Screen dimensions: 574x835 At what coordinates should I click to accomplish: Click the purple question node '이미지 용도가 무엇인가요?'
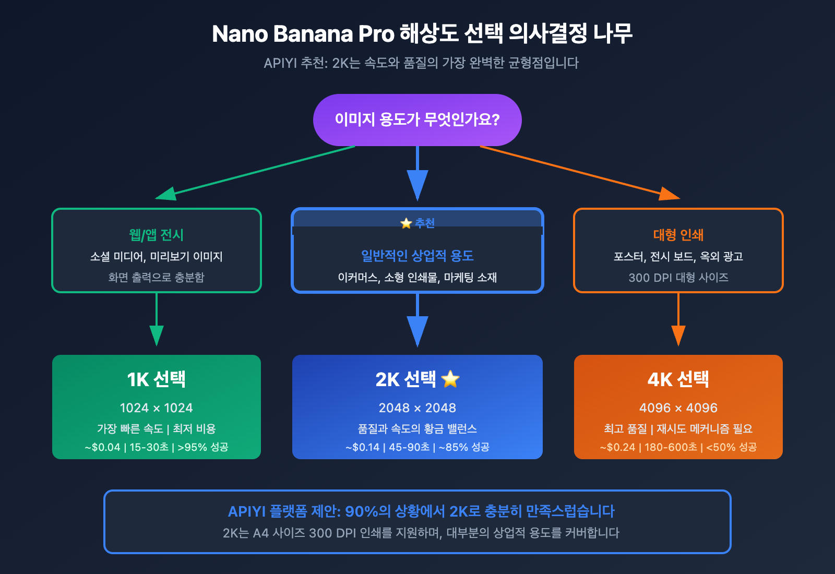(417, 120)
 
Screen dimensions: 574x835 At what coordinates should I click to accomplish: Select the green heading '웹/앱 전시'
(156, 235)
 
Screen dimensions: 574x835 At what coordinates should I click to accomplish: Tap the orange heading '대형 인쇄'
(678, 235)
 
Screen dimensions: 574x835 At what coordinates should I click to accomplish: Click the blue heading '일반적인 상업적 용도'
(417, 256)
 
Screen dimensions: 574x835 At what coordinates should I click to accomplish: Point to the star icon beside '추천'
(406, 223)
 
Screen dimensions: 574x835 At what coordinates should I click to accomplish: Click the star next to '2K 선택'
(450, 379)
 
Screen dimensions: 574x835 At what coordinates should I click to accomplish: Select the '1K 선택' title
(156, 379)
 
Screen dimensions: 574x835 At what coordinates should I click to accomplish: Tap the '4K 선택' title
(678, 379)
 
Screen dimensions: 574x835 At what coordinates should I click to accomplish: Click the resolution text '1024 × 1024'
(156, 408)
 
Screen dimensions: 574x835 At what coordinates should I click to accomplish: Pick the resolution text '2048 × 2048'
(417, 408)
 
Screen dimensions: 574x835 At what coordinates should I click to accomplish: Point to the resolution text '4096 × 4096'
(678, 408)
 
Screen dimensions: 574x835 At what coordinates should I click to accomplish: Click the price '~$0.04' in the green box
(103, 447)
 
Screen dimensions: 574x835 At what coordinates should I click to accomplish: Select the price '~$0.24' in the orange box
(618, 447)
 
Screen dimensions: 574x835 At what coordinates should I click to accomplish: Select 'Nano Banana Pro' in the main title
(303, 34)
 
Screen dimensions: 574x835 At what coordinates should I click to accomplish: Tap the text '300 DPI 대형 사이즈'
(678, 278)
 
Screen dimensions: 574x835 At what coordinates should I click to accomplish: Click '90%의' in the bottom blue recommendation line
(367, 511)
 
